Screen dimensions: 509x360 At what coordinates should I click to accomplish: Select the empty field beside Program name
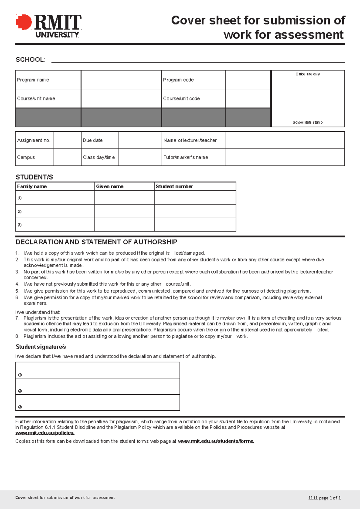pyautogui.click(x=121, y=80)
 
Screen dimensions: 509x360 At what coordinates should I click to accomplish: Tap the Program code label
pyautogui.click(x=178, y=80)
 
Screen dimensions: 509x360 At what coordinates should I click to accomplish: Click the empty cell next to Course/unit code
pyautogui.click(x=248, y=98)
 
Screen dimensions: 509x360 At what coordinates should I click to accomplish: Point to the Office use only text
pyautogui.click(x=308, y=74)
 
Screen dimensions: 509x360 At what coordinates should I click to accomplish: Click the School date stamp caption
pyautogui.click(x=307, y=122)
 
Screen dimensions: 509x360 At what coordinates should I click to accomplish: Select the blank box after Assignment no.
pyautogui.click(x=67, y=140)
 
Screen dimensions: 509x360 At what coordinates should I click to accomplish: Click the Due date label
pyautogui.click(x=93, y=140)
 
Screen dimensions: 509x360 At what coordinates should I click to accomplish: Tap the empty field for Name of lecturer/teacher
pyautogui.click(x=284, y=140)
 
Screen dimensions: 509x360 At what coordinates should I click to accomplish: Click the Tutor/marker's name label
pyautogui.click(x=186, y=157)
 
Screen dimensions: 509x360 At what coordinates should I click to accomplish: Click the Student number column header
pyautogui.click(x=174, y=186)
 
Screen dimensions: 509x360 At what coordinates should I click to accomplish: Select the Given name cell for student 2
pyautogui.click(x=124, y=211)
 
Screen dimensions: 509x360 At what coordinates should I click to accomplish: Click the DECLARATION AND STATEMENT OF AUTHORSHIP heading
pyautogui.click(x=96, y=242)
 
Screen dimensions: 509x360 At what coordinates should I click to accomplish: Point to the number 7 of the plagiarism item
pyautogui.click(x=17, y=318)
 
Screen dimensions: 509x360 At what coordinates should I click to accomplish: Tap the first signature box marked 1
pyautogui.click(x=97, y=371)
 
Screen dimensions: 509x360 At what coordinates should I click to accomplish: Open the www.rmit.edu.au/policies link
pyautogui.click(x=45, y=433)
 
